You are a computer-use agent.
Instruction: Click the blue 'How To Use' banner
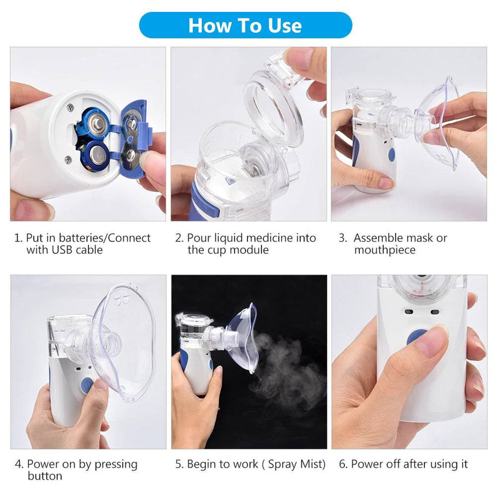245,25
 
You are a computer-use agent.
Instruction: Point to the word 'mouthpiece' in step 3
385,250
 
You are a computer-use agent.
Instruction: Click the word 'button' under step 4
44,476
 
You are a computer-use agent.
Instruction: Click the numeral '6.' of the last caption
343,464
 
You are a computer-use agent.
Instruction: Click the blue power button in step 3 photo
391,156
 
